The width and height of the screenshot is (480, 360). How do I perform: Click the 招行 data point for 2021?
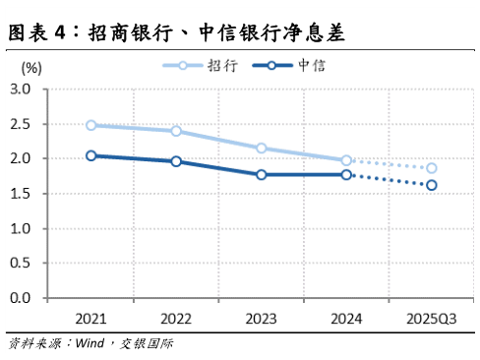tap(91, 126)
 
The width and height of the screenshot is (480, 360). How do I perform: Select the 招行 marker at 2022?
tap(176, 131)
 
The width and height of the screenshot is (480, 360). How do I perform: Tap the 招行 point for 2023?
tap(262, 149)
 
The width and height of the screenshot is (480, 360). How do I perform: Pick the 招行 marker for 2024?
tap(346, 160)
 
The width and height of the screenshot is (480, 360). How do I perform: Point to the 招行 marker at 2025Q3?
tap(432, 168)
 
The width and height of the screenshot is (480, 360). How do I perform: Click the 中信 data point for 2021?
tap(91, 155)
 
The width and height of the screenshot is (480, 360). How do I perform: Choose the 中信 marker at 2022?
tap(176, 161)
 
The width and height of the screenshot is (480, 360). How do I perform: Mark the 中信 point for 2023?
tap(262, 175)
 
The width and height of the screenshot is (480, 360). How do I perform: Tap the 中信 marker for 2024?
tap(346, 175)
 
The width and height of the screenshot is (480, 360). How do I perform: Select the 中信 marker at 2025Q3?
tap(432, 185)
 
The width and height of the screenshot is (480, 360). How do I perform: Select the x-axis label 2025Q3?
tap(432, 319)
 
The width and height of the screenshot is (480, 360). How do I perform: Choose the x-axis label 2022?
tap(176, 319)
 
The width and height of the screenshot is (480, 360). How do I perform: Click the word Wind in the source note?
tap(88, 344)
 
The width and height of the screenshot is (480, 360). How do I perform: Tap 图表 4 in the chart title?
tap(40, 32)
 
